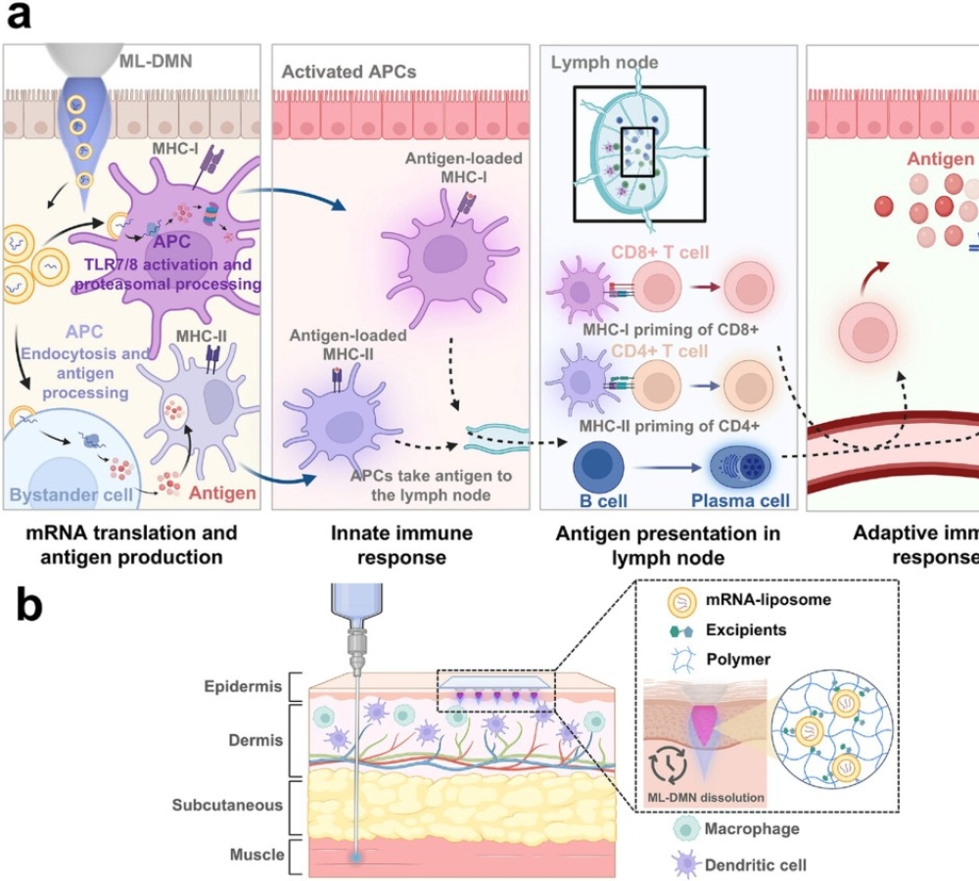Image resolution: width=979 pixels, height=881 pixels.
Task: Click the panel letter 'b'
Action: pyautogui.click(x=25, y=606)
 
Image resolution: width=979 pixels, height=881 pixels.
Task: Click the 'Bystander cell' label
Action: pyautogui.click(x=70, y=494)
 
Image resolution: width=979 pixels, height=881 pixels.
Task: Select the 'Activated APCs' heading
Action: pyautogui.click(x=335, y=71)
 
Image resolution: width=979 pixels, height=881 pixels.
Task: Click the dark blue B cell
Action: pyautogui.click(x=596, y=467)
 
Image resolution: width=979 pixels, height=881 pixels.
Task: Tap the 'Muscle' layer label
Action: pyautogui.click(x=254, y=855)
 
